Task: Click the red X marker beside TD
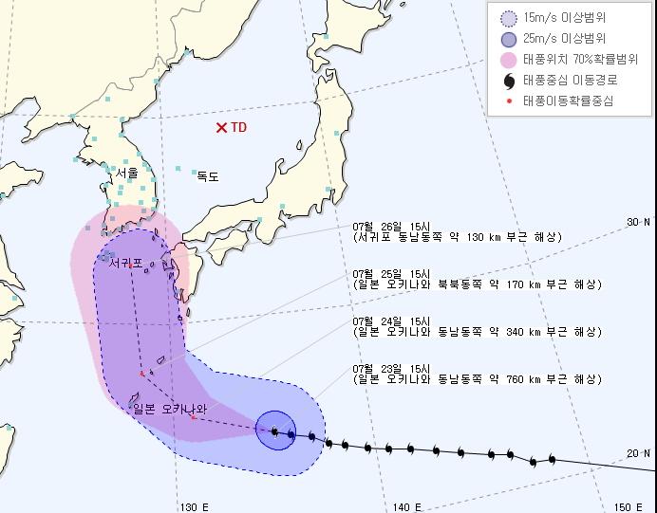click(221, 127)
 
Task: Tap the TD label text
click(238, 127)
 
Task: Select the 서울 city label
click(125, 174)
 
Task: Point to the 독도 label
click(207, 175)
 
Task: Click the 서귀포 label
click(125, 262)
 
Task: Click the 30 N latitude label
click(638, 222)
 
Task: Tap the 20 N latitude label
click(638, 453)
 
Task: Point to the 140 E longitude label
click(405, 506)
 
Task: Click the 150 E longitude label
click(628, 506)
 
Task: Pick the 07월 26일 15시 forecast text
click(378, 225)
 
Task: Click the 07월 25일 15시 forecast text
click(378, 272)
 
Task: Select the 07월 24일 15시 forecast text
click(378, 320)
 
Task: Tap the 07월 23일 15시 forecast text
click(378, 367)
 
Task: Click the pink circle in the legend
click(507, 59)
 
